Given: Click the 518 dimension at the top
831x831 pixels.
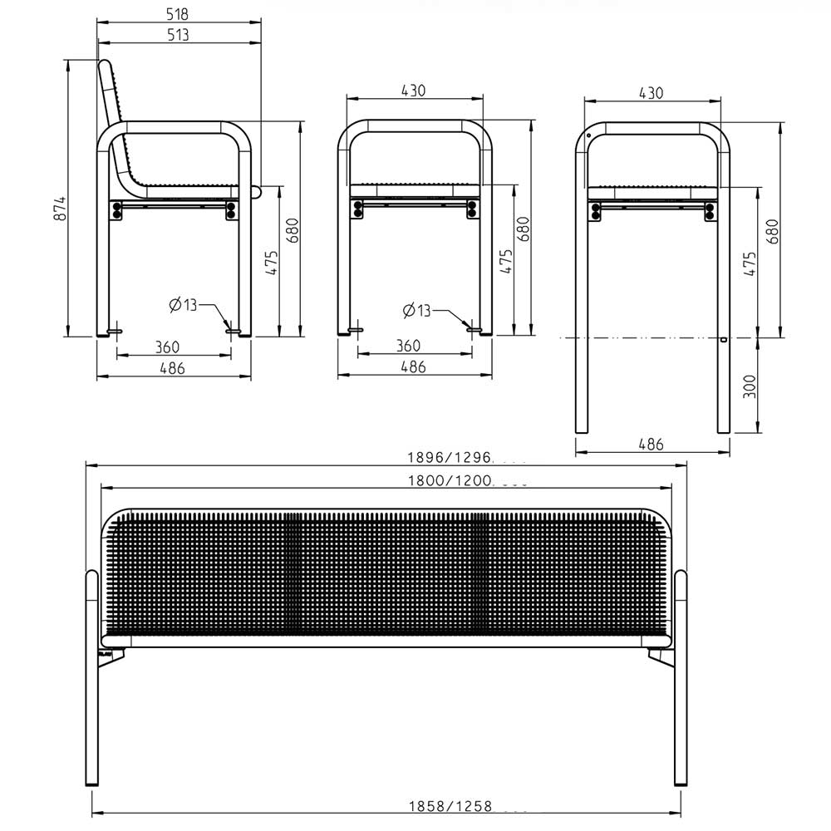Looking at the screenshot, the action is coord(177,14).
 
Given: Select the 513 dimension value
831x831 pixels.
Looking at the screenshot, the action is coord(178,35).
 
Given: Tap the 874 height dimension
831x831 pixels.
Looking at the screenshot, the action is coord(62,209).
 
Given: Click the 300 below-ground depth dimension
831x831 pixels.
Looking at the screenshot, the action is coord(750,386).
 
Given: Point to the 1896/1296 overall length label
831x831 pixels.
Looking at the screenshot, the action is coord(450,457).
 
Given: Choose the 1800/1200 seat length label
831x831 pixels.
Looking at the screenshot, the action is coord(450,480).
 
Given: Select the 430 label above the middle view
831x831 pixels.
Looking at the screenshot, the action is coord(413,91).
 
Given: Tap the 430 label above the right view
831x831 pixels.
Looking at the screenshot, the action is coord(651,93).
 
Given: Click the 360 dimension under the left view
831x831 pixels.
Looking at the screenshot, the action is coord(168,347).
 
